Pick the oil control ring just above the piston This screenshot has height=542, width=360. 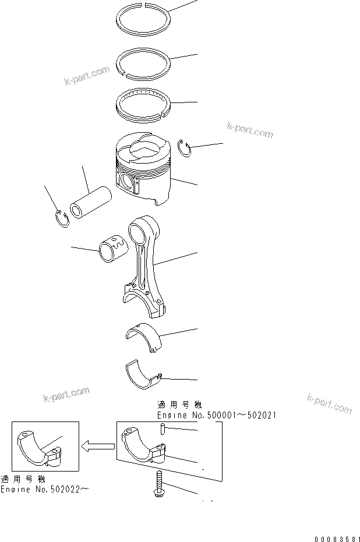coord(143,105)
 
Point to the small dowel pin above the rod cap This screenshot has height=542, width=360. coord(163,430)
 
